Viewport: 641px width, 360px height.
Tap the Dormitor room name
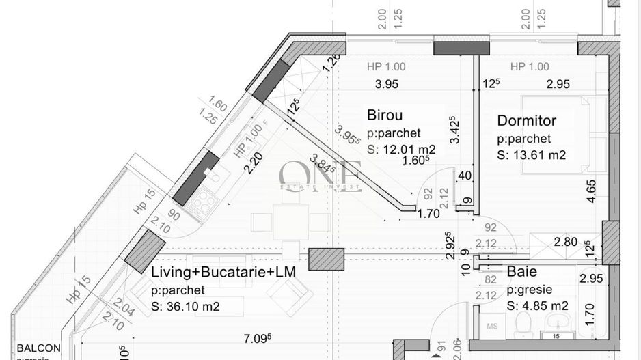[526, 121]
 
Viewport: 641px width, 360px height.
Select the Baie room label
[521, 272]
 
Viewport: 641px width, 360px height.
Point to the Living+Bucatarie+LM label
[223, 272]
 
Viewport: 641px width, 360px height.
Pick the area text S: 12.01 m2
[401, 148]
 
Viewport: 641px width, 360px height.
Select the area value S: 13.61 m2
[531, 154]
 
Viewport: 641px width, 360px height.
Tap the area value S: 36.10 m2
[185, 307]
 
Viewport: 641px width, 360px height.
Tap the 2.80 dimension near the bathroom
[566, 241]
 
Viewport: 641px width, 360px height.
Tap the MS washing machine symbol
[491, 327]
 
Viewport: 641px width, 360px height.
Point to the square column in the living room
[326, 260]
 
